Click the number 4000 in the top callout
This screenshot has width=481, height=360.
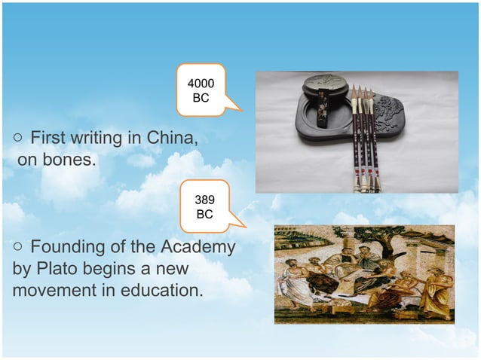click(x=201, y=84)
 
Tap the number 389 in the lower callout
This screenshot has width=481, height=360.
click(x=204, y=200)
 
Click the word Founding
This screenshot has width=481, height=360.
click(x=67, y=248)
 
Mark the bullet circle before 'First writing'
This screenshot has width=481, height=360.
click(x=17, y=139)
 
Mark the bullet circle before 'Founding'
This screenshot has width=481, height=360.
click(x=17, y=248)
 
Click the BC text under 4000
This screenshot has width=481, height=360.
click(x=201, y=99)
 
